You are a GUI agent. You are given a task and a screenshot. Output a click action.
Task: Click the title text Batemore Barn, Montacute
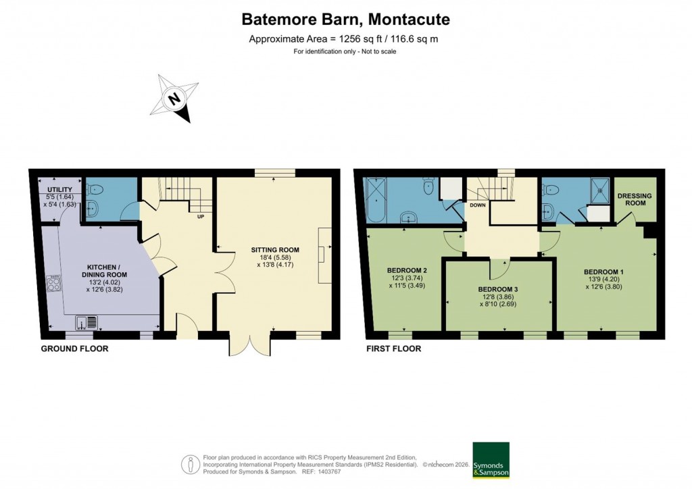(x=345, y=20)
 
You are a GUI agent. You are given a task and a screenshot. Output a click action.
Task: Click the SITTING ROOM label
(x=277, y=250)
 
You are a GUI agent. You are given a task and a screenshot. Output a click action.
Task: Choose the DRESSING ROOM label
(x=635, y=199)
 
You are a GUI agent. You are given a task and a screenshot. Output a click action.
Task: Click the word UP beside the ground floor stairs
(x=201, y=217)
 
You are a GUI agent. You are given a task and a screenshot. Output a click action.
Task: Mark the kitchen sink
(x=86, y=322)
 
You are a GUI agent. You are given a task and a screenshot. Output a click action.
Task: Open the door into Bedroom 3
(x=499, y=267)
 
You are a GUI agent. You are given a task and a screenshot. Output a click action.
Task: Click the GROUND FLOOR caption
(x=74, y=349)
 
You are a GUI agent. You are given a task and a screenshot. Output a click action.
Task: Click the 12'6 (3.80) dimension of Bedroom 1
(x=603, y=286)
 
